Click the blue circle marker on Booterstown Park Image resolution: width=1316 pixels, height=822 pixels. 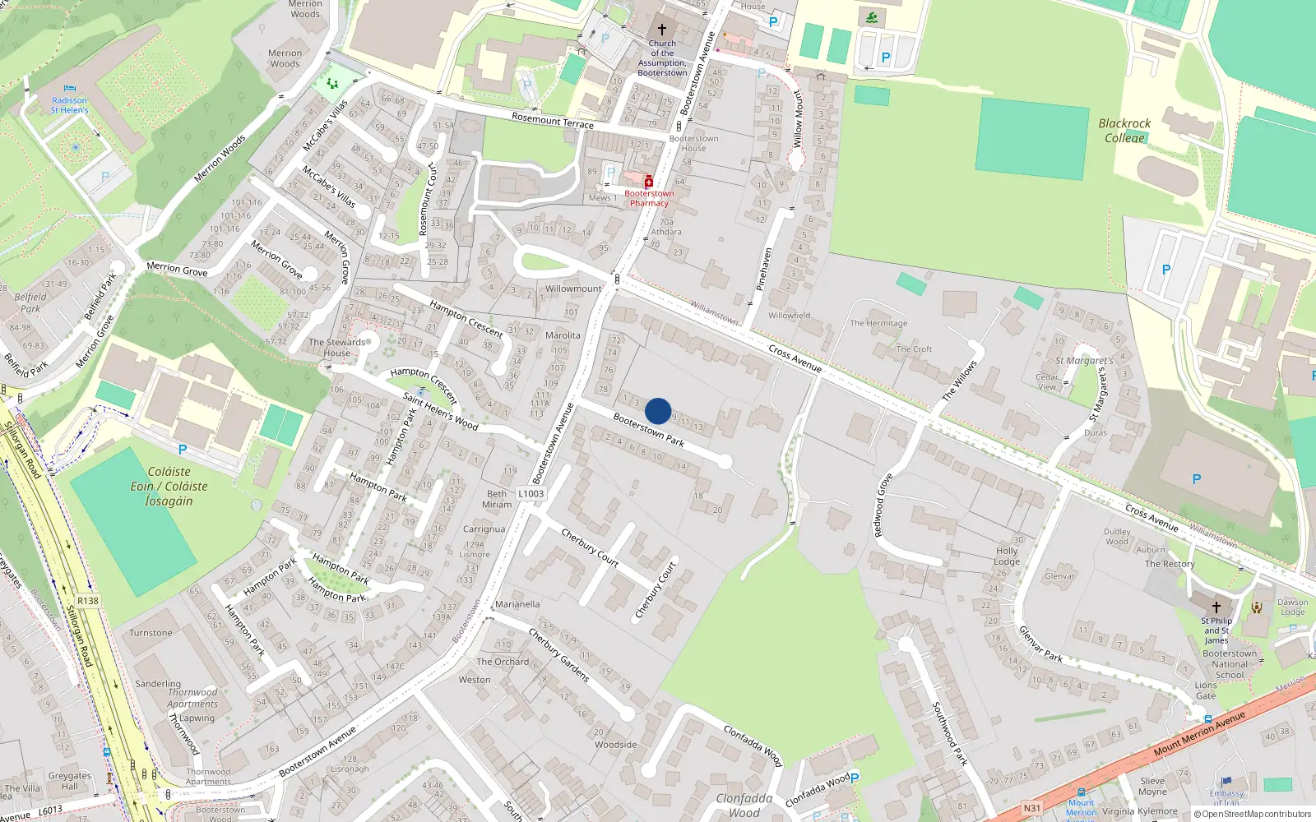[x=658, y=411]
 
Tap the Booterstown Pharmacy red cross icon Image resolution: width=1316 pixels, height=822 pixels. [x=648, y=182]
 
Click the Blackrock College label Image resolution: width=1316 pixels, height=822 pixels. [x=1124, y=131]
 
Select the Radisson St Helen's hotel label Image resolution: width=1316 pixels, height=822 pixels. [x=69, y=105]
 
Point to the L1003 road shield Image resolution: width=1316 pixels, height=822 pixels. [x=531, y=494]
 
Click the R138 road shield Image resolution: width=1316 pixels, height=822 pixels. [x=88, y=601]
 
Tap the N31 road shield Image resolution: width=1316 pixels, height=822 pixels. [x=1031, y=808]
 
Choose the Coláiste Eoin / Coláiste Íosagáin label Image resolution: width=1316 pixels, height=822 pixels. [x=169, y=486]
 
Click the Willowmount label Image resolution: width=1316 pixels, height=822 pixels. [x=573, y=289]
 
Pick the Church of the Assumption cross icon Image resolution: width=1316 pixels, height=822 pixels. [x=661, y=30]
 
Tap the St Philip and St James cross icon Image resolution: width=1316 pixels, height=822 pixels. [x=1216, y=607]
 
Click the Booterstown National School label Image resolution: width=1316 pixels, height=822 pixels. [x=1230, y=664]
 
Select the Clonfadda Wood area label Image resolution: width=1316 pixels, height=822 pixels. [x=744, y=805]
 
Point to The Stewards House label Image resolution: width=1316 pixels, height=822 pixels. [x=336, y=348]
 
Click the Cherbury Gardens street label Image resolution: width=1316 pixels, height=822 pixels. [x=558, y=655]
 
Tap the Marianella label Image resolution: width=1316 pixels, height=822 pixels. [x=517, y=604]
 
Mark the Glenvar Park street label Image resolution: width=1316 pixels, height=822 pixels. [x=1040, y=644]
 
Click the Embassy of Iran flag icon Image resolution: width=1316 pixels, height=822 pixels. [x=1226, y=782]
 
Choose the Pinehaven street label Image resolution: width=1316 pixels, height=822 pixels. [x=764, y=269]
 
